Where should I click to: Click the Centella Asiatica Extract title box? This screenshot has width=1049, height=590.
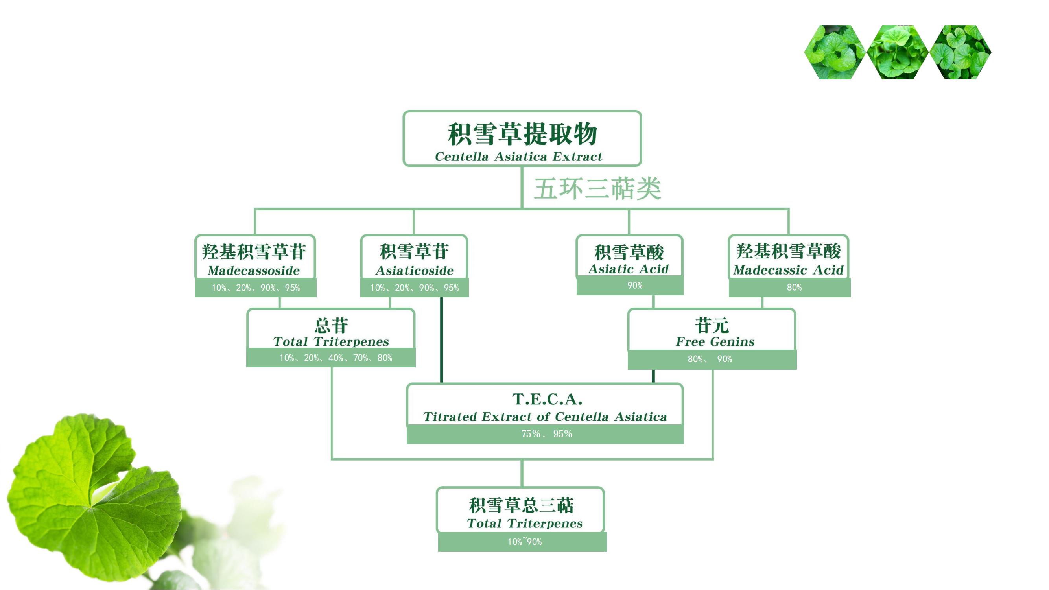pos(522,138)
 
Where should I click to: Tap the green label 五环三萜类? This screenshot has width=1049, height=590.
pos(597,188)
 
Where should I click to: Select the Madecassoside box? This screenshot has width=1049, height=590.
pos(255,256)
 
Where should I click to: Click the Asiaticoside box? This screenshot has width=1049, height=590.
pos(414,256)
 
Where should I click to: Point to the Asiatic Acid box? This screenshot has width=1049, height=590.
pos(630,256)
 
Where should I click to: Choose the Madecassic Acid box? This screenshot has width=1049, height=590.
pos(789,256)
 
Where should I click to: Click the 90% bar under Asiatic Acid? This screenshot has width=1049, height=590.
pos(630,286)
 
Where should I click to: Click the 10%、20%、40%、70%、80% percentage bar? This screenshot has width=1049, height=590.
pos(331,358)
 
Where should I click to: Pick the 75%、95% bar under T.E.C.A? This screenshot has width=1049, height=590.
pos(545,434)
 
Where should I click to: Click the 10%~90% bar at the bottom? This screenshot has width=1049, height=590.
pos(522,542)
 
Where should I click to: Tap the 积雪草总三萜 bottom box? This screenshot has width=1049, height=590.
pos(520,510)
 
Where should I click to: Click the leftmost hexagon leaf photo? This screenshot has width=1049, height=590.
pos(835,52)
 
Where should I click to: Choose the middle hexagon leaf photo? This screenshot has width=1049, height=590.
pos(898,52)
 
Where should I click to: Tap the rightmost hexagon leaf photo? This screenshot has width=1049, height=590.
pos(960,52)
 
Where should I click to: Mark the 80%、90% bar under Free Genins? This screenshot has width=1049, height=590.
pos(712,360)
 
